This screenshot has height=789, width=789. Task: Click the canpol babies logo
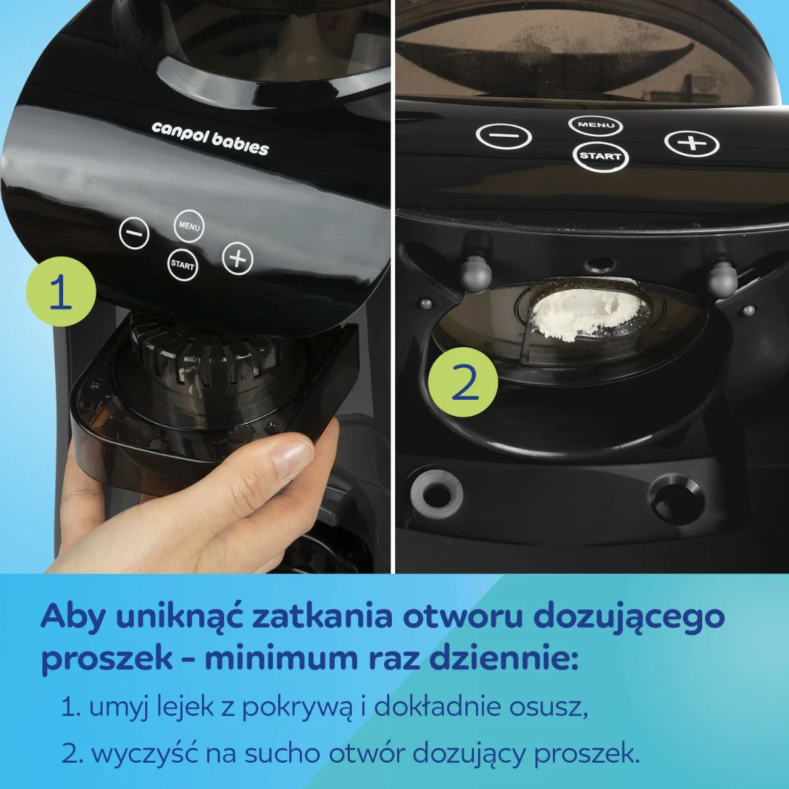[x=210, y=137]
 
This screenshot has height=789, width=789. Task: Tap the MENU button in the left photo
[x=189, y=226]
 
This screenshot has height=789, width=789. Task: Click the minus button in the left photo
[x=134, y=233]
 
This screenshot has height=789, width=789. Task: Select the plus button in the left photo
[x=238, y=258]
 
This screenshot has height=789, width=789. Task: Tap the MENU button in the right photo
[x=596, y=124]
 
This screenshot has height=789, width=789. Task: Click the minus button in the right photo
[x=503, y=137]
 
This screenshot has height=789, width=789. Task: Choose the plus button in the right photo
[x=692, y=143]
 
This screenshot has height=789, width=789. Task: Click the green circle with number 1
[x=60, y=293]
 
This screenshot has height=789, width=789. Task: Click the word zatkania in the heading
[x=322, y=617]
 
